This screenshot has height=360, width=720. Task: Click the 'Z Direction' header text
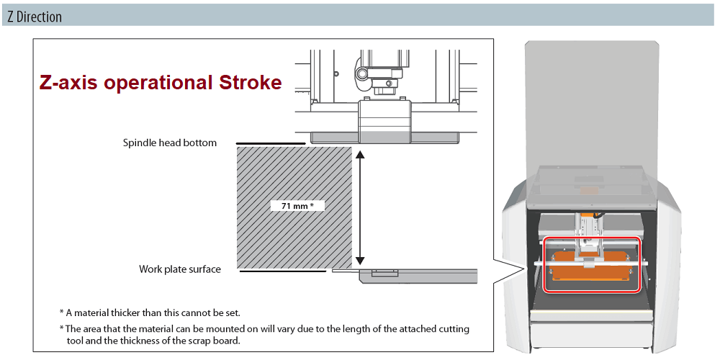[x=35, y=17]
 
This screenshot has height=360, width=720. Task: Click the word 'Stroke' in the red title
[x=248, y=83]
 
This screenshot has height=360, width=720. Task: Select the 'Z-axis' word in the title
[x=68, y=83]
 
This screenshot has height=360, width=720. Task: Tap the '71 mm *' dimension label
[x=297, y=206]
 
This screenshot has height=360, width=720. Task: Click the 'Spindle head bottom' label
[x=169, y=143]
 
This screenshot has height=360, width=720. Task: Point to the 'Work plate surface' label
[x=179, y=269]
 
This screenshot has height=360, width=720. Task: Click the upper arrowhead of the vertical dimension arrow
[x=361, y=154]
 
